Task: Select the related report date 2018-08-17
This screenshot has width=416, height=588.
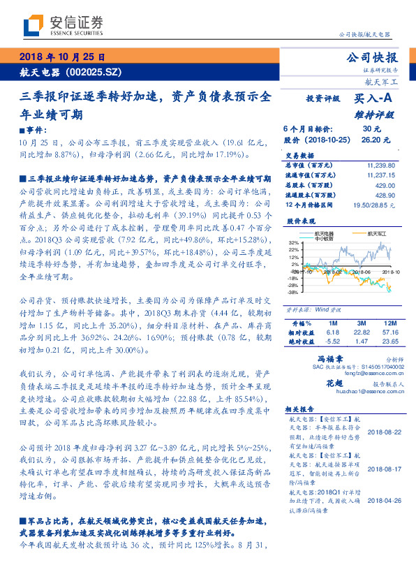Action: tap(381, 469)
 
